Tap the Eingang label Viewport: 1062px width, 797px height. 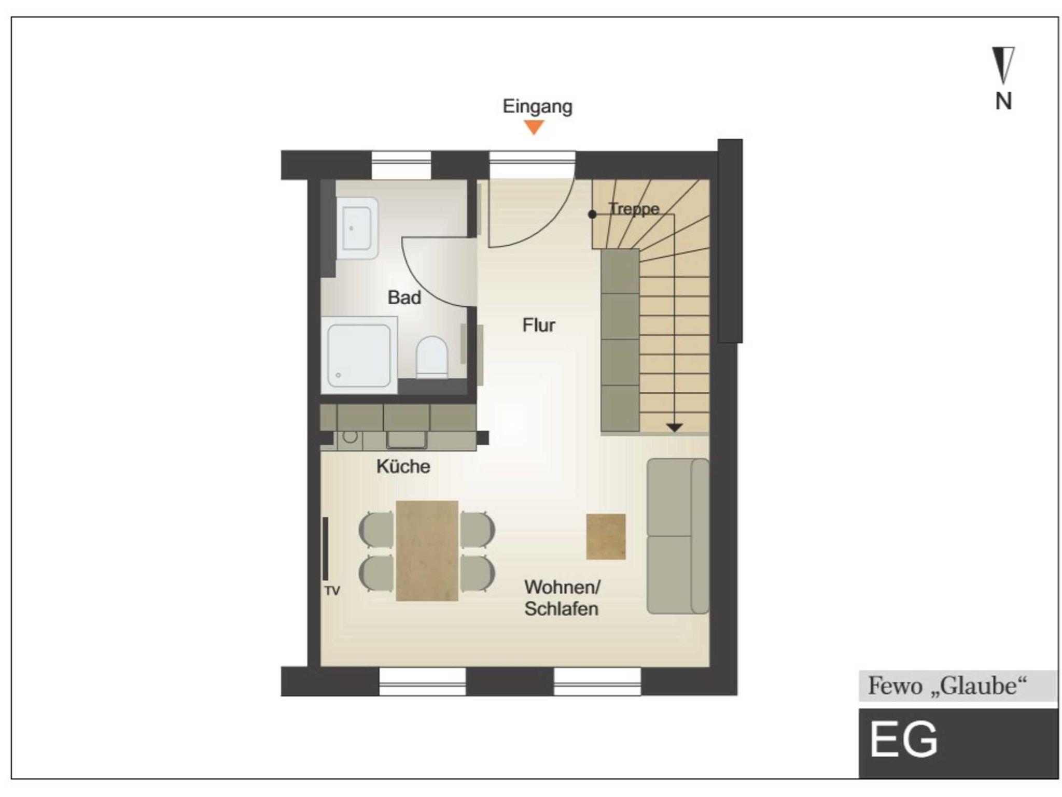[537, 107]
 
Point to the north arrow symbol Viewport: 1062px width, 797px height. [1003, 65]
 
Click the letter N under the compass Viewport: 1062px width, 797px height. [1003, 101]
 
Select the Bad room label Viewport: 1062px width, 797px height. [404, 297]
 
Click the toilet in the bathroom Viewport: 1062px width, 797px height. [432, 357]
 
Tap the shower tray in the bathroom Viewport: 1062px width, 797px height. [359, 355]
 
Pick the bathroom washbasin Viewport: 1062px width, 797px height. [357, 228]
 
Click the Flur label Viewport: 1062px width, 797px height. [539, 325]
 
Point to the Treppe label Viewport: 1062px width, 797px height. [634, 208]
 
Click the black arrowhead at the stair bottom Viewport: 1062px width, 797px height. [674, 428]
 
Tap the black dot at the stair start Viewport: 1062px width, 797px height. [592, 215]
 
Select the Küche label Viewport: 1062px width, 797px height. [403, 466]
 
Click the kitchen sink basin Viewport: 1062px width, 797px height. [407, 439]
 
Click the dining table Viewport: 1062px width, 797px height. [427, 551]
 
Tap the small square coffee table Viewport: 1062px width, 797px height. [606, 537]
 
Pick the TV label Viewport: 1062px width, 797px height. [332, 591]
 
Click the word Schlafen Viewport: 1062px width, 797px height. [561, 609]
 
